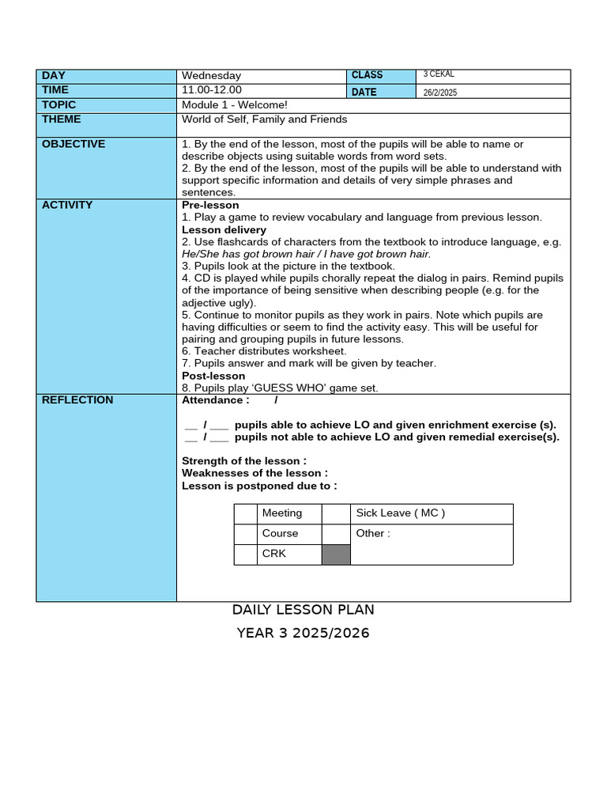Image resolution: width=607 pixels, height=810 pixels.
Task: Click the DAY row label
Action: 54,76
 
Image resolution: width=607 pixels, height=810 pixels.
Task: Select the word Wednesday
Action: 211,76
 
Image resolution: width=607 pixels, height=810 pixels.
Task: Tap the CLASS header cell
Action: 367,75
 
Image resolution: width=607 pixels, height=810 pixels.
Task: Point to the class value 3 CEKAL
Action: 439,74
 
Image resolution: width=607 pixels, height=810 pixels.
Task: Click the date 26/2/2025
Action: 440,93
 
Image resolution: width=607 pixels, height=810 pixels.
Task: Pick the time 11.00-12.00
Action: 212,90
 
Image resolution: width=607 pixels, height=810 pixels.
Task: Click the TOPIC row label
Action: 59,105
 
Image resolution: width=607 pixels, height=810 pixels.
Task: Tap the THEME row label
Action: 62,119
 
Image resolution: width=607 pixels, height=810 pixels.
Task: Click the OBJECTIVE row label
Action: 74,144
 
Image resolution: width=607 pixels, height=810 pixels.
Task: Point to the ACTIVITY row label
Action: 67,205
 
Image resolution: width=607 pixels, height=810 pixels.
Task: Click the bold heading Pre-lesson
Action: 210,205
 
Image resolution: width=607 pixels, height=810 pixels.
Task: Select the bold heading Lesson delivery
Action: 224,229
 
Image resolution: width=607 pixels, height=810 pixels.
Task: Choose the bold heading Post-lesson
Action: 213,376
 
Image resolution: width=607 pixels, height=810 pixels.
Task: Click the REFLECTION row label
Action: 77,400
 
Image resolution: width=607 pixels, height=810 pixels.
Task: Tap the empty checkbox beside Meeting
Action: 246,513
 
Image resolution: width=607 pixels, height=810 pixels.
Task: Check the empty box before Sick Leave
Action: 336,513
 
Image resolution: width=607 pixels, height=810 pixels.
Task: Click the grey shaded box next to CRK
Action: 336,554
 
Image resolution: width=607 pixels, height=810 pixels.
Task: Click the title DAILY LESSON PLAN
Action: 303,610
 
